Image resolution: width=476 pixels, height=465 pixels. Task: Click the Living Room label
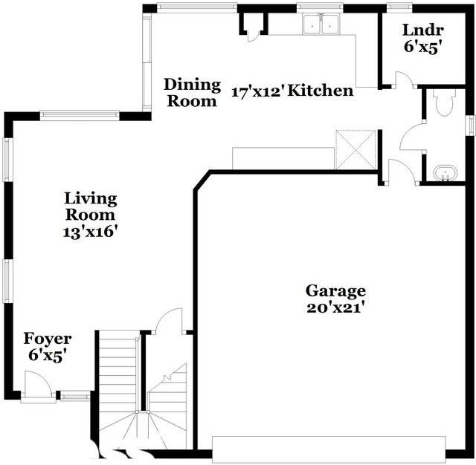tap(90, 207)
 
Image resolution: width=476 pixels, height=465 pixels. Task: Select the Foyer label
tap(48, 339)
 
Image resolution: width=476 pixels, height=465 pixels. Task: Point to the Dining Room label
tap(192, 93)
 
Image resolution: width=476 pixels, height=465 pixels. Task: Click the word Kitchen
tap(321, 91)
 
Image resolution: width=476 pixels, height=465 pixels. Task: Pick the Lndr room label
tap(422, 30)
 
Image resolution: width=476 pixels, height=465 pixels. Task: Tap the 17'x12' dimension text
tap(257, 93)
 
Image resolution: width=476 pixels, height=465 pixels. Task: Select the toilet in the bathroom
tap(445, 103)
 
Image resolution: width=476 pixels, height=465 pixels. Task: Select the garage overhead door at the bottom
tap(328, 449)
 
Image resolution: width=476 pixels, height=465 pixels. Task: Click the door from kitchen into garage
tap(399, 172)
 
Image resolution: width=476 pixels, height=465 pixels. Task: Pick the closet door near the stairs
tap(171, 321)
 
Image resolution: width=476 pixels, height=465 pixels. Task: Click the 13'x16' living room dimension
tap(91, 231)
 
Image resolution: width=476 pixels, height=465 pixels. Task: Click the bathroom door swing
tap(411, 138)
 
